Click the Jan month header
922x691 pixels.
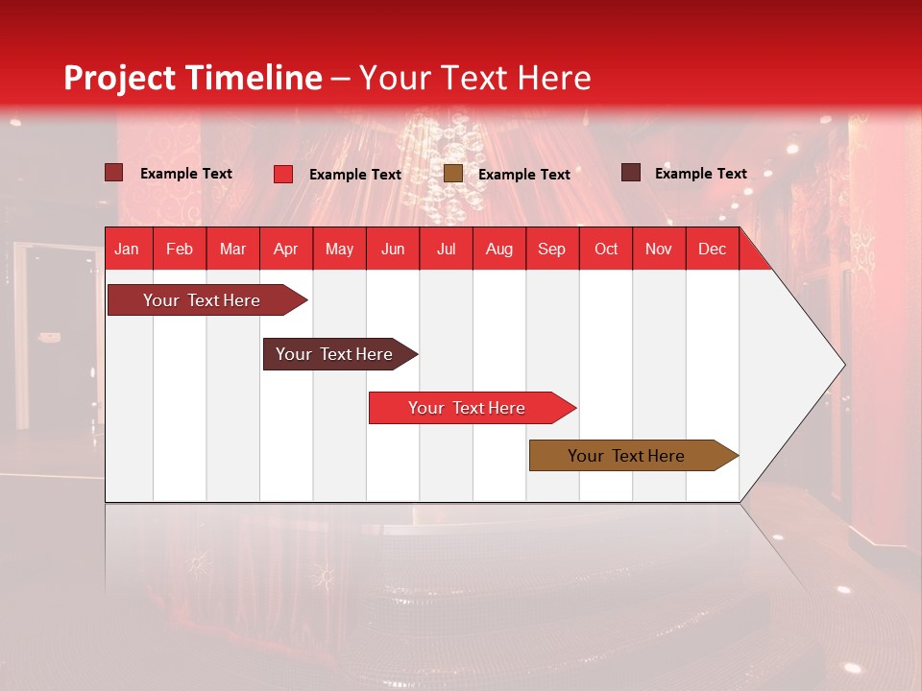coord(127,249)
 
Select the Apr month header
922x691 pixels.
coord(285,249)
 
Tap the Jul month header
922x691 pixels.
coord(446,249)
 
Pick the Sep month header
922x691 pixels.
coord(551,249)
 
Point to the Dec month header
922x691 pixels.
coord(712,249)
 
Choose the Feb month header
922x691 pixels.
coord(180,249)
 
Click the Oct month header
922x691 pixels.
coord(606,249)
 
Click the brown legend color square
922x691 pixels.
coord(453,174)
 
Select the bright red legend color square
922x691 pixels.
coord(283,174)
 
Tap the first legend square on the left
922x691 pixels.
coord(114,173)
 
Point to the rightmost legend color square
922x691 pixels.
coord(631,173)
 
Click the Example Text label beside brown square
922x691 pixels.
coord(523,175)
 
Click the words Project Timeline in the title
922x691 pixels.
coord(193,78)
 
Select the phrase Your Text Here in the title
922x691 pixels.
coord(474,78)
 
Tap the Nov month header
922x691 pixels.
coord(659,249)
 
